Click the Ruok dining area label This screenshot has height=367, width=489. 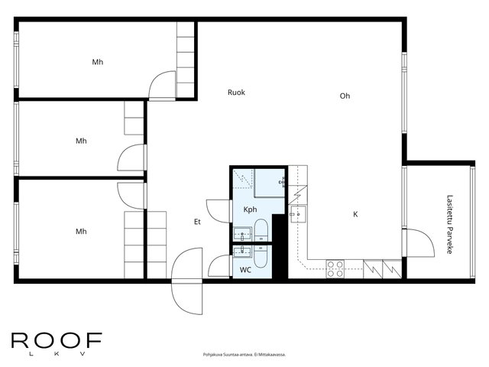236,93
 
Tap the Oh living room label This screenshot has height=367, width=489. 345,96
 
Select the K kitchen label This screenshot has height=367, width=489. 355,214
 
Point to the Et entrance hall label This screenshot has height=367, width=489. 197,222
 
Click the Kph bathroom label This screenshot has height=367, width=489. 250,209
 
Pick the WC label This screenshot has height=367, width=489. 245,270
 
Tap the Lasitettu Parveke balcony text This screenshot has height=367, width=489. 449,224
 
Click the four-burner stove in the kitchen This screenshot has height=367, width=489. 335,269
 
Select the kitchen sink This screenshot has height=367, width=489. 299,214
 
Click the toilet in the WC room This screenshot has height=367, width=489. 261,257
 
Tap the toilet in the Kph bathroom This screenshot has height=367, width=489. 261,230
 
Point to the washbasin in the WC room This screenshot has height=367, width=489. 243,252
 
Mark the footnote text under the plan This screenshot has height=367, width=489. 244,355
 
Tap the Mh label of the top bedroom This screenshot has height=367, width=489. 98,62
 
